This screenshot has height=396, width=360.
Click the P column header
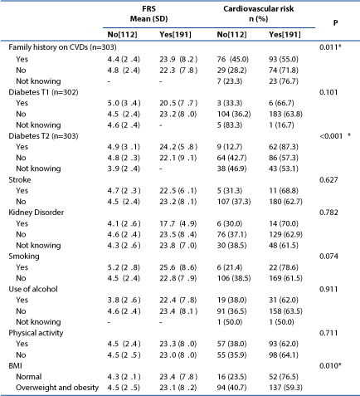pos(335,22)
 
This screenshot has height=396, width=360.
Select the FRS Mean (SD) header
pos(149,14)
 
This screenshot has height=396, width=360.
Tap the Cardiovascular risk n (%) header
pos(259,14)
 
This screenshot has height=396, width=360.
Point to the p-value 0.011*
pos(330,47)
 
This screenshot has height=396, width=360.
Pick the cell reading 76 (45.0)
pos(233,59)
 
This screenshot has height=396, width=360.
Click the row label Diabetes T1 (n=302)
pos(43,92)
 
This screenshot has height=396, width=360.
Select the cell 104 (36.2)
pos(234,114)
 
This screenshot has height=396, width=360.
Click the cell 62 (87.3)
pos(284,147)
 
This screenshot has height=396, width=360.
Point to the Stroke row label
pos(20,180)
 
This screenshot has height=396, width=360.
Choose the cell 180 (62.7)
pos(285,202)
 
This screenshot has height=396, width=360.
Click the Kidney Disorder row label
pos(36,213)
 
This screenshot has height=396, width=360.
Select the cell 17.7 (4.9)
pos(178,223)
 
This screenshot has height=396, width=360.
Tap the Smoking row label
pos(24,257)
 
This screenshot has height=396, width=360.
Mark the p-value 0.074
pos(328,257)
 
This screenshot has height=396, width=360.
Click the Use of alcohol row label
pos(33,289)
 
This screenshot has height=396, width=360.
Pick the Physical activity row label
pos(36,333)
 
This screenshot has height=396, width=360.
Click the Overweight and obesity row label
pos(57,388)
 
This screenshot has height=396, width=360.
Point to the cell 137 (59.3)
pos(285,388)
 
